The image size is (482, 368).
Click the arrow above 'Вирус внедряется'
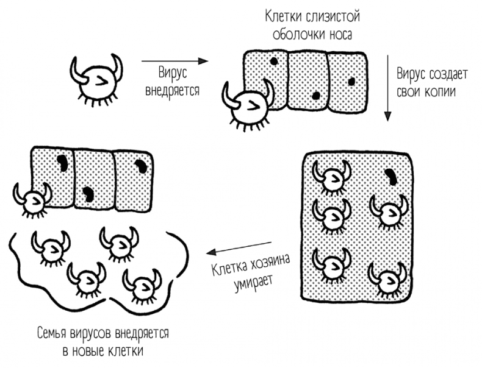(x=174, y=61)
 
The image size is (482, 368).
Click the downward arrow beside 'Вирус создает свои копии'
(x=388, y=88)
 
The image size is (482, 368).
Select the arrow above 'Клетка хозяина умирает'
(x=239, y=248)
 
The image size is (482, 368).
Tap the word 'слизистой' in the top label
(x=333, y=17)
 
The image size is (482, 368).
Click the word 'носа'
(x=341, y=35)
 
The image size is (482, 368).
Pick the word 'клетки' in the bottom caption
(x=128, y=350)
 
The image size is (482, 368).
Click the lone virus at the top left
(x=96, y=80)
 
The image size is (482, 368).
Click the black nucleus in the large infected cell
(x=391, y=177)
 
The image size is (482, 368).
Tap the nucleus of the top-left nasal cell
(x=273, y=62)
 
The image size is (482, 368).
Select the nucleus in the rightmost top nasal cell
(x=351, y=82)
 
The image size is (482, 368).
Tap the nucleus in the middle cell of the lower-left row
(x=88, y=194)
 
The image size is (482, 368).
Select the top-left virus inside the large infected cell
(x=332, y=177)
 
